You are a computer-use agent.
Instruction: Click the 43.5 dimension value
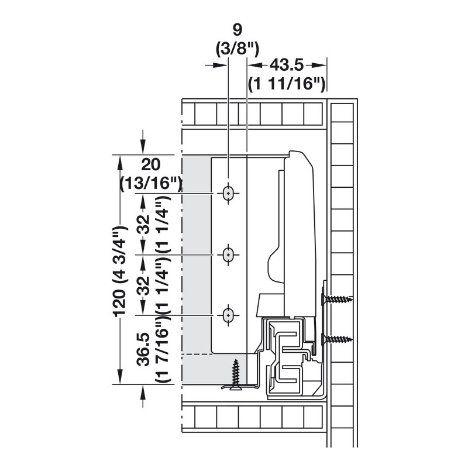287,65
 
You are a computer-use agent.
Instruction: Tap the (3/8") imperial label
238,49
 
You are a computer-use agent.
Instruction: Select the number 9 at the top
238,30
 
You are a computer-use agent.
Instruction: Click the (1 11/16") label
287,84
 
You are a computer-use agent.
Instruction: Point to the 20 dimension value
151,164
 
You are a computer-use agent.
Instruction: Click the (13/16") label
151,183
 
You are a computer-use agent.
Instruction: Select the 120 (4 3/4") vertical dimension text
119,271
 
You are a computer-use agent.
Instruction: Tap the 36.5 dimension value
143,349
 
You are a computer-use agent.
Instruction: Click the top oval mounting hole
228,194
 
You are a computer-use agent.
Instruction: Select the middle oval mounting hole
228,255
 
